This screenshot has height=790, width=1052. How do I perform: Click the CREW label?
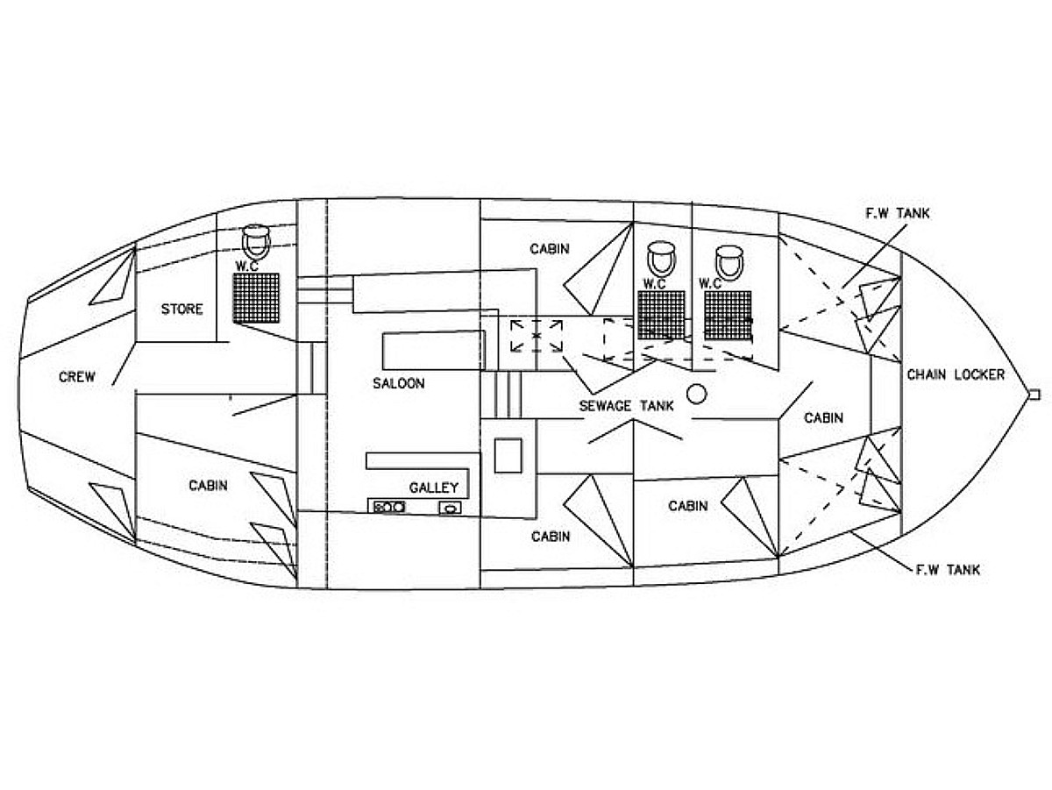(77, 378)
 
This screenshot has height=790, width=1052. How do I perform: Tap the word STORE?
(181, 309)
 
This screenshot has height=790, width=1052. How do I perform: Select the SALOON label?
(398, 383)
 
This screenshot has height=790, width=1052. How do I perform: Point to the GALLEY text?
(433, 488)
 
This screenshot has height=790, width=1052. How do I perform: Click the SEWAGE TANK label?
(626, 406)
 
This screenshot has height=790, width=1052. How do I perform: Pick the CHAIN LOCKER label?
(956, 374)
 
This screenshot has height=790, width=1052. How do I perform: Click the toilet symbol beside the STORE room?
(255, 237)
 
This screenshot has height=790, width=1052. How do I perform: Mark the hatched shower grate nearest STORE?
(256, 297)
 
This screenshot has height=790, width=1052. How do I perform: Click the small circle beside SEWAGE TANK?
(697, 394)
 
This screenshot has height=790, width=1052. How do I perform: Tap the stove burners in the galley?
(387, 507)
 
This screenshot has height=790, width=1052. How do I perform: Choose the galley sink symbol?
(451, 507)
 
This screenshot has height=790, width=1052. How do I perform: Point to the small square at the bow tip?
(1034, 394)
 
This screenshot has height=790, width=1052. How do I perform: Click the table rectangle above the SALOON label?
(433, 352)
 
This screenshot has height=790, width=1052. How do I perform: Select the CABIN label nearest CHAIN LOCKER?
(823, 418)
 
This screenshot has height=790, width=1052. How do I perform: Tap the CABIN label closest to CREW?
(208, 485)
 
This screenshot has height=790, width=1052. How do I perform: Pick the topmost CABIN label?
(550, 249)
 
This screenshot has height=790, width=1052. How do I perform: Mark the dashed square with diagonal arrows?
(537, 336)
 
